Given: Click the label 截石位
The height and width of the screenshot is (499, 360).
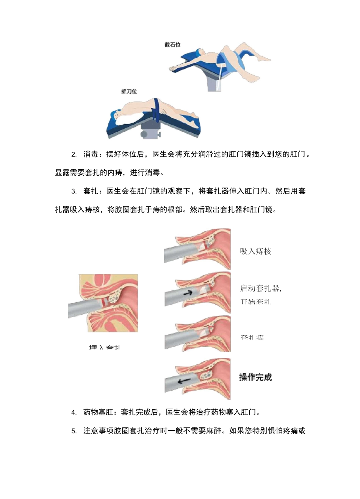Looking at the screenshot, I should click(172, 45).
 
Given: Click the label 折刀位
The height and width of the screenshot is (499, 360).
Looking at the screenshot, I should click(129, 92).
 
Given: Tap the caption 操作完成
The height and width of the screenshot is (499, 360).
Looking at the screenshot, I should click(255, 377).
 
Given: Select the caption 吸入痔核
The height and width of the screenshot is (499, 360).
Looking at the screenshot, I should click(255, 251).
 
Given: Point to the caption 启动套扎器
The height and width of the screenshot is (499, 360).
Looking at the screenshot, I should click(260, 288).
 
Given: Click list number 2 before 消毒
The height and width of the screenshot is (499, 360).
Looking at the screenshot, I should click(74, 154).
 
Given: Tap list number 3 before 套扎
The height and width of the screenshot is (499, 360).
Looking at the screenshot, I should click(74, 192).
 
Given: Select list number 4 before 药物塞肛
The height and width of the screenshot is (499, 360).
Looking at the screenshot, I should click(74, 412).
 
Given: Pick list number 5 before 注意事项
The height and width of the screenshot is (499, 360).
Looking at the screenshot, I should click(74, 431).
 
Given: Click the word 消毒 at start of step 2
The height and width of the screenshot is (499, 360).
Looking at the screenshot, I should click(91, 154).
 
